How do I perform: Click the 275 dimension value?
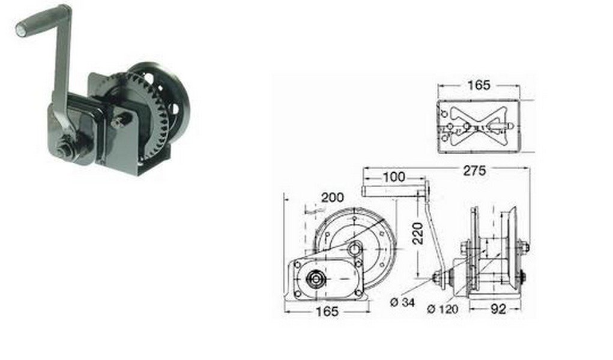click(x=474, y=171)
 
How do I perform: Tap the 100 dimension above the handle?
click(x=394, y=177)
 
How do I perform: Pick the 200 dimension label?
click(x=332, y=197)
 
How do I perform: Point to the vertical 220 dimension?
click(x=418, y=233)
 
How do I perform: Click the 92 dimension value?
click(x=498, y=309)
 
